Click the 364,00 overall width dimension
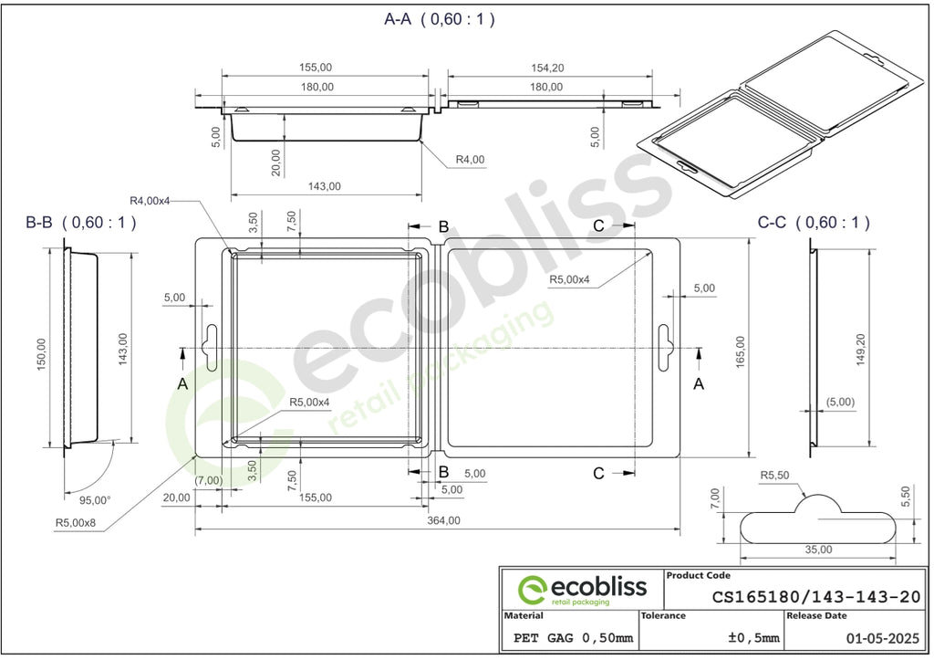(444, 520)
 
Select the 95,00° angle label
(95, 500)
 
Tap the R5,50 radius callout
(774, 476)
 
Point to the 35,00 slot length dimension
(818, 550)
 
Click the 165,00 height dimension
(741, 351)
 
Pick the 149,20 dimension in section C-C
(861, 350)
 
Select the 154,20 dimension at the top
(547, 68)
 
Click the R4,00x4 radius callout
(150, 201)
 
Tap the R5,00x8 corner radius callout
(76, 523)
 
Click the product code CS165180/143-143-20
(816, 597)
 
